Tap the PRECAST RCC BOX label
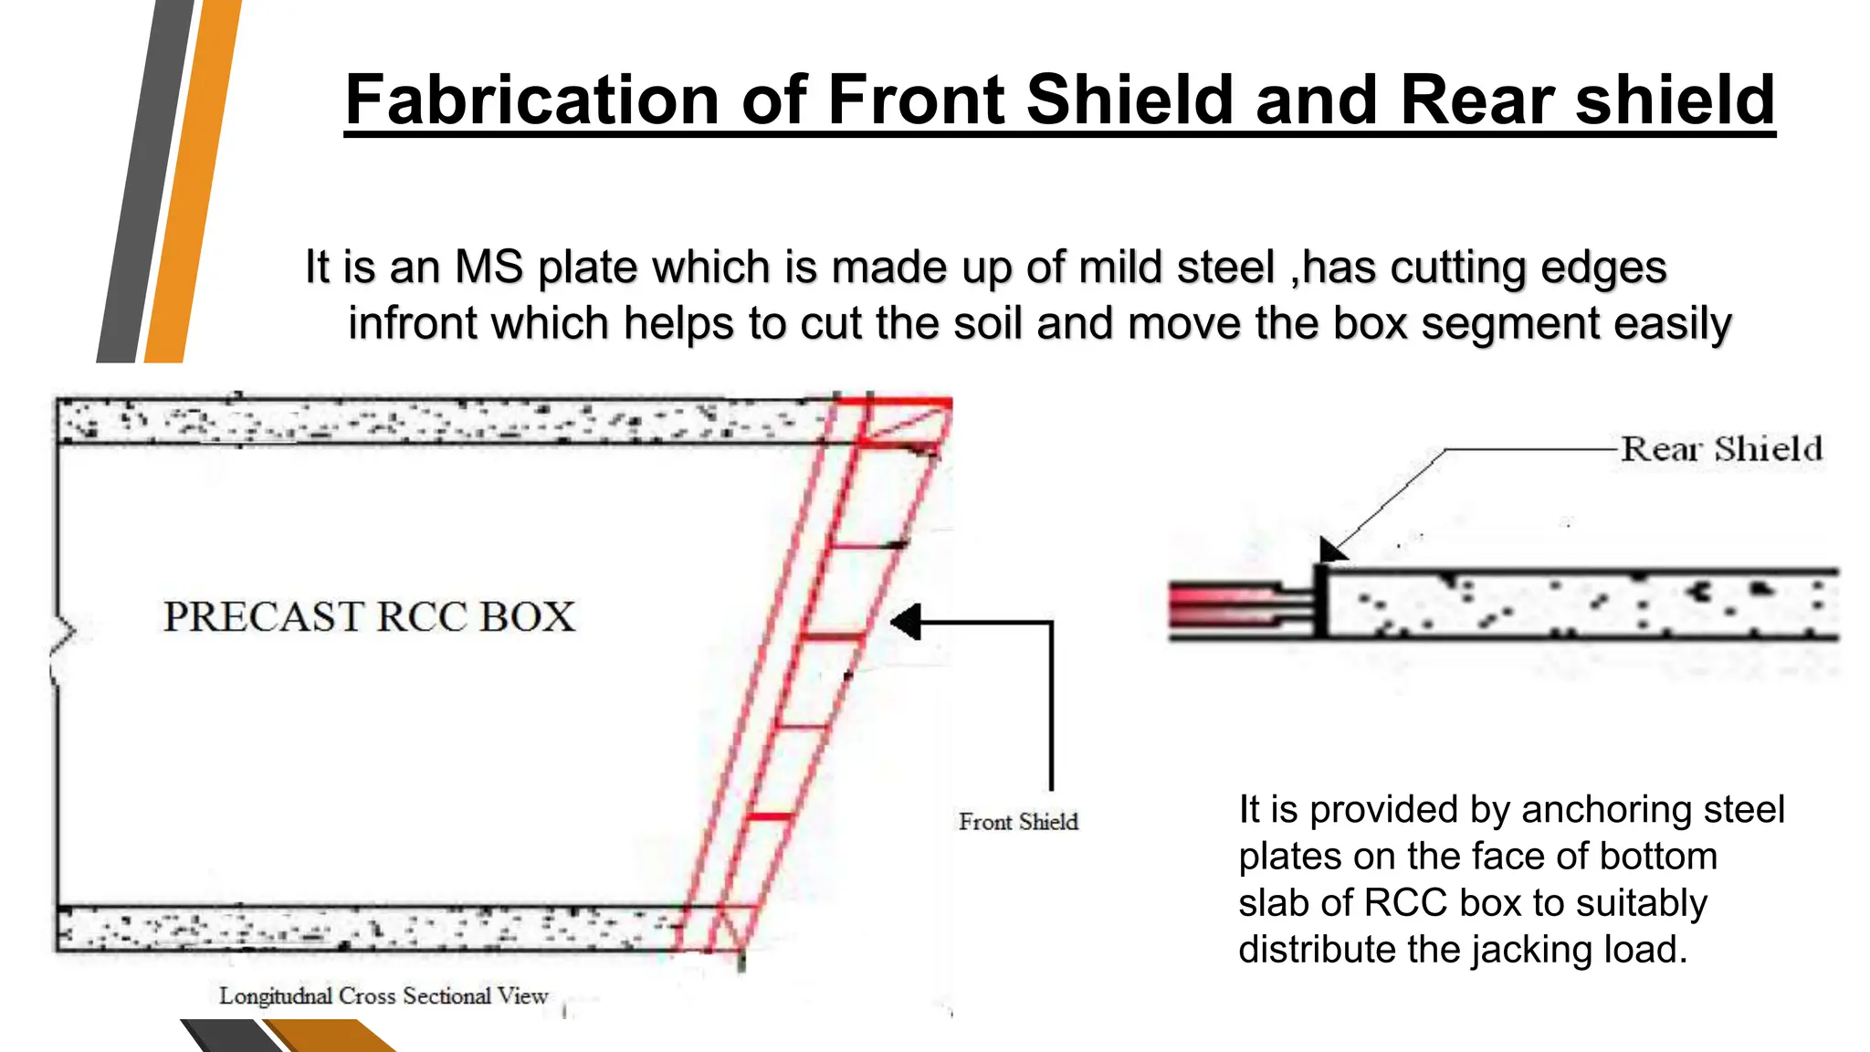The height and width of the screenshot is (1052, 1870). pos(370,617)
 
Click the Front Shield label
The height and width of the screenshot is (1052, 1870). pos(1018,822)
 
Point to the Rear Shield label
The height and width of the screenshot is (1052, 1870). pos(1721,449)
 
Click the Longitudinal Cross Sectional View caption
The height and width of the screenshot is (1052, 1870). pos(383,995)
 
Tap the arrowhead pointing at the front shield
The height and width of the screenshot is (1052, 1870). pos(906,622)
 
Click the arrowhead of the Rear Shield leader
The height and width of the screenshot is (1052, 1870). pos(1331,550)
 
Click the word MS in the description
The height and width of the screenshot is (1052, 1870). pos(489,268)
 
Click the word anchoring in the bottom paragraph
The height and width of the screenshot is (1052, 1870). pos(1602,810)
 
